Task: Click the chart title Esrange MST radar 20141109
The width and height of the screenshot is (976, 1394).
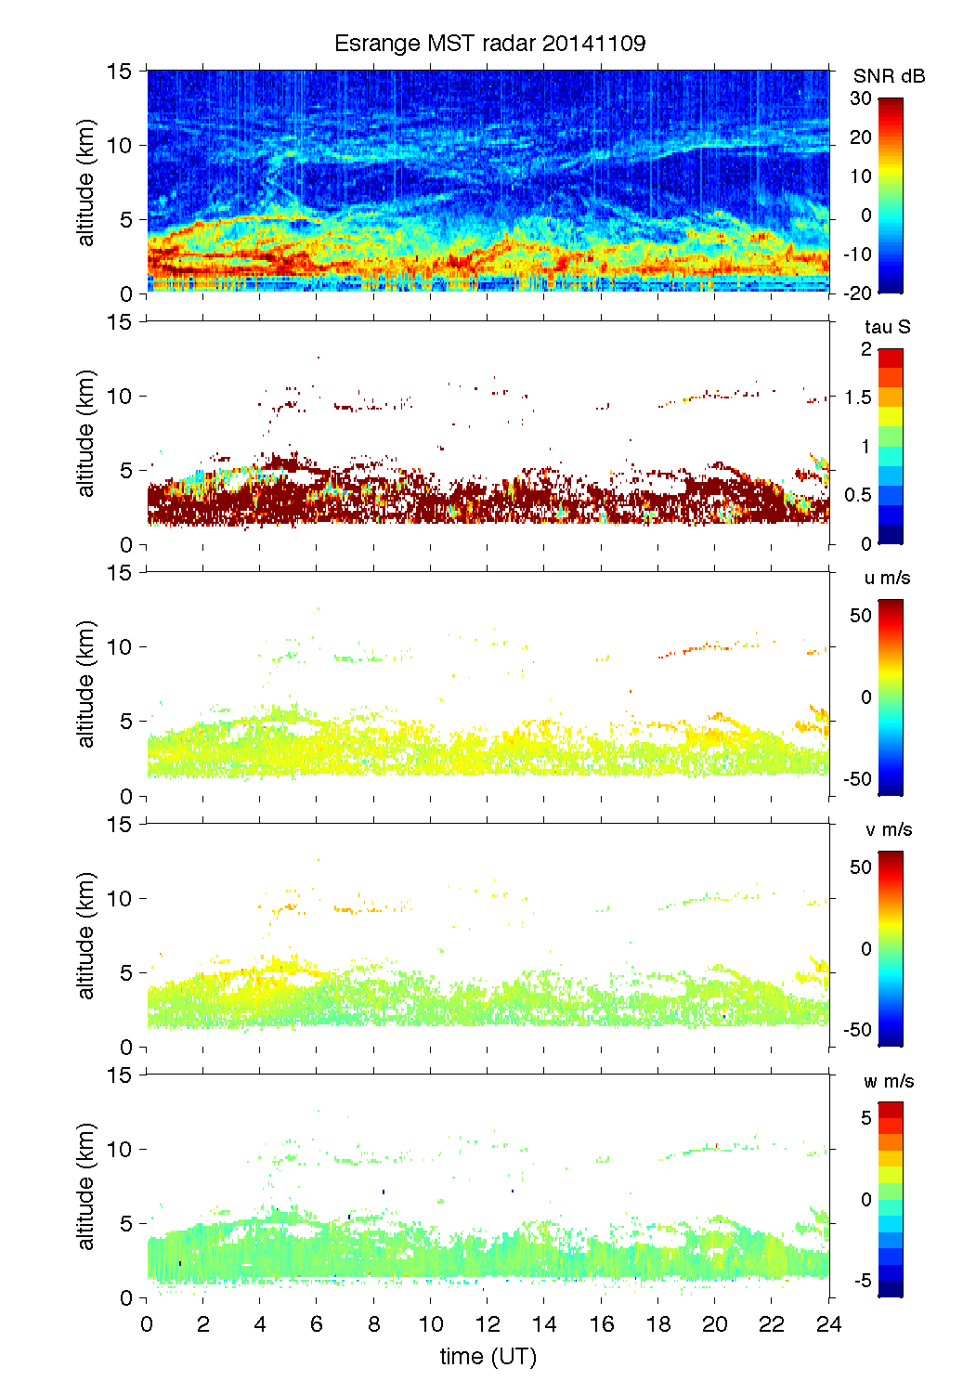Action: pos(489,44)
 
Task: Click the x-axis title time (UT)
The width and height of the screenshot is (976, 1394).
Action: pos(488,1357)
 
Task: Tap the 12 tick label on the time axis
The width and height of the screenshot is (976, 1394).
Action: pos(488,1323)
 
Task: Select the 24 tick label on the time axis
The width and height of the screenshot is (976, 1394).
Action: pos(828,1323)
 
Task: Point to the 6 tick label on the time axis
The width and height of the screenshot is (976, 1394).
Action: pos(317,1323)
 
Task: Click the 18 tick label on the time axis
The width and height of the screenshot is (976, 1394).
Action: pos(658,1323)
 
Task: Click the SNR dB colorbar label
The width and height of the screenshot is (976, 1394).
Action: pos(889,76)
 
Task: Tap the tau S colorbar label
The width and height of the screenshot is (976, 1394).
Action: pos(887,327)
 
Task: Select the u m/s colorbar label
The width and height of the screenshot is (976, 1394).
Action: pos(887,578)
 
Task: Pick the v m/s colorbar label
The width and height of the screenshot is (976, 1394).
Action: pos(888,829)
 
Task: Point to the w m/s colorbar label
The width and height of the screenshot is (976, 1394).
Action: pos(889,1081)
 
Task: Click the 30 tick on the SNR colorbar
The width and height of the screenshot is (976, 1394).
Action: pos(861,98)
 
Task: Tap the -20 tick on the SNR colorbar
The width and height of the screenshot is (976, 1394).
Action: pos(857,293)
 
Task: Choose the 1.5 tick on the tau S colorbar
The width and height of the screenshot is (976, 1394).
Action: pos(858,397)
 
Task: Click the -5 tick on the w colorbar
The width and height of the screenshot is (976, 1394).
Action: pos(861,1281)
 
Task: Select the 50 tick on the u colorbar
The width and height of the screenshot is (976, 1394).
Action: pos(861,616)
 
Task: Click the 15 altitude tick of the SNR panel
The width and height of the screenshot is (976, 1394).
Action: pos(122,71)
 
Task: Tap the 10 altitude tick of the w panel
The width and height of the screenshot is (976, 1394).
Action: pos(122,1149)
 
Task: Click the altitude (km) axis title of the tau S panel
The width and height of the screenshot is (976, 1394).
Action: pos(86,433)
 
